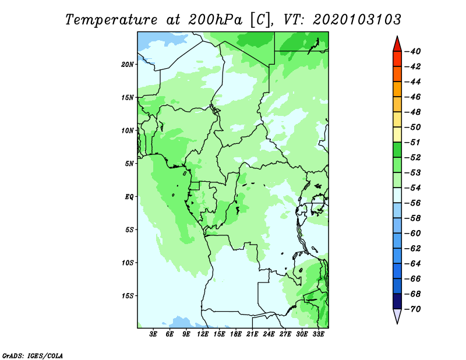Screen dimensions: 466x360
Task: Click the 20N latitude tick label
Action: tap(128, 64)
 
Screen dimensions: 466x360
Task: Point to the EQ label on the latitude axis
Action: tap(129, 196)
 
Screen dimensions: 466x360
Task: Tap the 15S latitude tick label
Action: tap(128, 295)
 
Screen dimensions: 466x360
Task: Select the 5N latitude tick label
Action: tap(129, 163)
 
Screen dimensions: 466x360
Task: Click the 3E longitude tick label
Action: tap(153, 334)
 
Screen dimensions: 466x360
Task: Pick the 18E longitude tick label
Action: tap(236, 334)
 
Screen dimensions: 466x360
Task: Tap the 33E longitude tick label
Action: tap(318, 334)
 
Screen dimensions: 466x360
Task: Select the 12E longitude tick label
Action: tap(203, 334)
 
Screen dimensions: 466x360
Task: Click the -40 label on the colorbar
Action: tap(413, 51)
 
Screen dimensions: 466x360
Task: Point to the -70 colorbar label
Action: tap(413, 309)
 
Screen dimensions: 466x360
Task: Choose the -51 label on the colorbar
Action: tap(413, 142)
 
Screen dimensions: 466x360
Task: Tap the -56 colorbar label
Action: tap(413, 203)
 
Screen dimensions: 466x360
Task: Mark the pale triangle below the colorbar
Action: tap(397, 315)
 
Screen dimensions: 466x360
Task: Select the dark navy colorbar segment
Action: tap(397, 301)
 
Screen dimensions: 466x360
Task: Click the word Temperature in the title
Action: tap(111, 20)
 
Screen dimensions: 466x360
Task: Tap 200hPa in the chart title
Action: tap(216, 20)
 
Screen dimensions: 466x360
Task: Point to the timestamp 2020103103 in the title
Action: tap(357, 20)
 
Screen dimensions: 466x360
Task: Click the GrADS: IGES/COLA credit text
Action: tap(33, 355)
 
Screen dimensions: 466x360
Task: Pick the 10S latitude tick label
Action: tap(128, 263)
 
